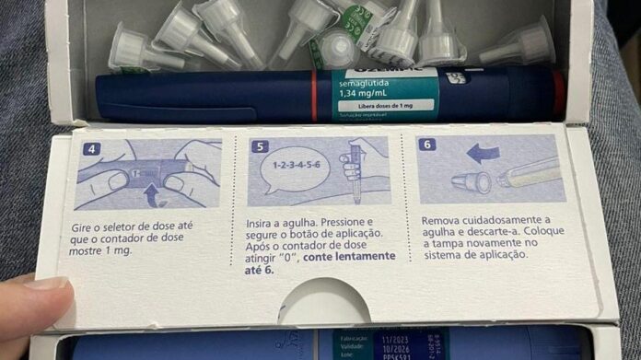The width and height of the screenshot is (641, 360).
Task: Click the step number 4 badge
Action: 88,148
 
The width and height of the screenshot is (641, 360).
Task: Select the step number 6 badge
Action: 429,145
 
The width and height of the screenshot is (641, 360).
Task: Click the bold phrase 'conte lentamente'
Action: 352,255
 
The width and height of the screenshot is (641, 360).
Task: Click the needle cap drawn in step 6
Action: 476,181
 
